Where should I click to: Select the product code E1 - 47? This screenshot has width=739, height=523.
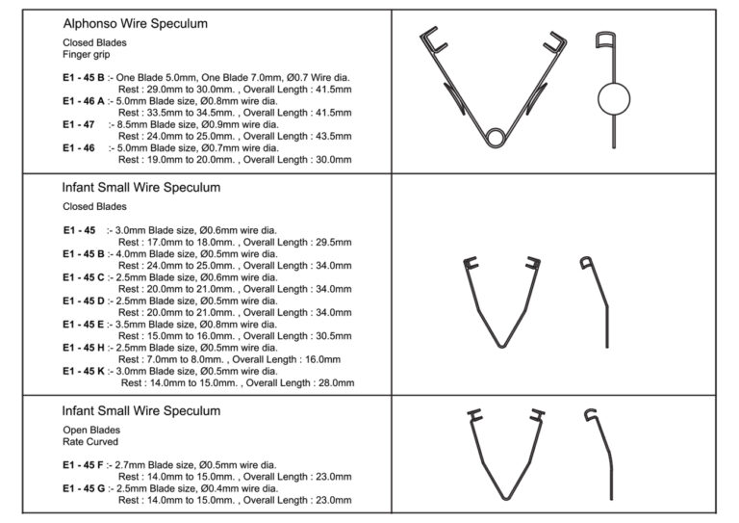79,124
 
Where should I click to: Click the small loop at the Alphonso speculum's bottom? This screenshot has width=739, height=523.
495,137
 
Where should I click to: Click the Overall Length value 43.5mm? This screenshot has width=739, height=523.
329,136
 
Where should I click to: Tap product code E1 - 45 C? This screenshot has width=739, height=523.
85,277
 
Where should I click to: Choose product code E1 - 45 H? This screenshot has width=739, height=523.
85,347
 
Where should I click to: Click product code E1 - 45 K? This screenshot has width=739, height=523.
85,371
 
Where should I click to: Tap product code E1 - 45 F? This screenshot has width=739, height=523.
84,465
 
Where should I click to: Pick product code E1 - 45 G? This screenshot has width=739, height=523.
85,488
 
